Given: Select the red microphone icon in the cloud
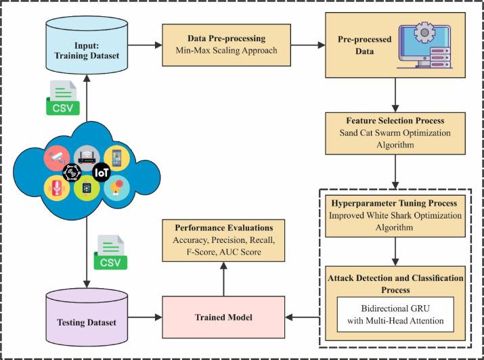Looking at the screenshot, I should pos(56,188).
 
